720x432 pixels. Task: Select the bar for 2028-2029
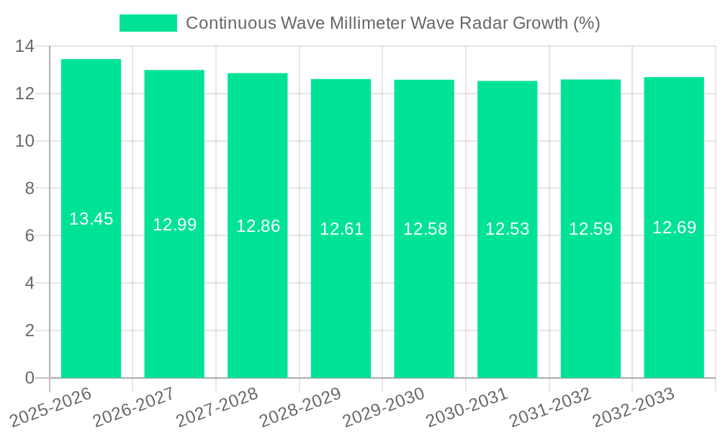[x=341, y=302]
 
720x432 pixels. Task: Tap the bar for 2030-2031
[x=507, y=302]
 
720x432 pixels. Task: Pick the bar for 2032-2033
[x=674, y=302]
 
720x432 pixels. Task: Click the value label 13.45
[x=91, y=219]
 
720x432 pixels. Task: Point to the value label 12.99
[x=174, y=225]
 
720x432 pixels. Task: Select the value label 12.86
[x=258, y=226]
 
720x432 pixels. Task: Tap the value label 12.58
[x=425, y=229]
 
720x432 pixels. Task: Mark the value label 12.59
[x=590, y=229]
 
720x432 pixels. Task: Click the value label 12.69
[x=674, y=228]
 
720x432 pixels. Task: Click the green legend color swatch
[x=148, y=23]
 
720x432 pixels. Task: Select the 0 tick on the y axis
[x=30, y=378]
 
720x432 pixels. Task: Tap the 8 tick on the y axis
[x=30, y=189]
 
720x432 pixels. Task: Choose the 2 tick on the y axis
[x=30, y=330]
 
